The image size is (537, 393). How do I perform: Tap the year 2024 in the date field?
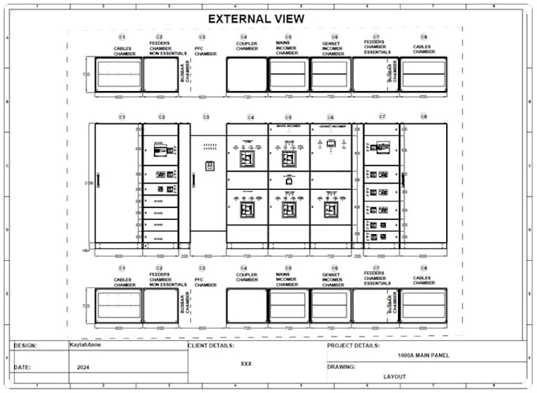click(x=84, y=368)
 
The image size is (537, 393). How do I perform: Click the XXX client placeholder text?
click(x=246, y=365)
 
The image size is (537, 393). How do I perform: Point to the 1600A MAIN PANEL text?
click(x=417, y=356)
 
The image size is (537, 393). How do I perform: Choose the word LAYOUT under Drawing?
click(x=394, y=376)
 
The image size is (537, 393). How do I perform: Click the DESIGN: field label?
click(x=26, y=346)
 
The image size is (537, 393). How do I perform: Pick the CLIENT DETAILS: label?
click(x=211, y=346)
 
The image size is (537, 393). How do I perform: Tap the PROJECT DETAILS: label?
click(x=353, y=346)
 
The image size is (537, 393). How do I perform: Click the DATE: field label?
click(x=22, y=367)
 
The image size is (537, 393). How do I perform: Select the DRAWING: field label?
click(x=340, y=367)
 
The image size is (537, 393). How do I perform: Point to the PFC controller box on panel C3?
click(x=210, y=165)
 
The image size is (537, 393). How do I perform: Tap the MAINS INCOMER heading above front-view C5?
click(x=287, y=125)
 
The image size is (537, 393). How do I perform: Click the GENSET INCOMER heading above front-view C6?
click(x=329, y=125)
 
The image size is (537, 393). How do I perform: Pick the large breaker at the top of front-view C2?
click(x=160, y=147)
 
